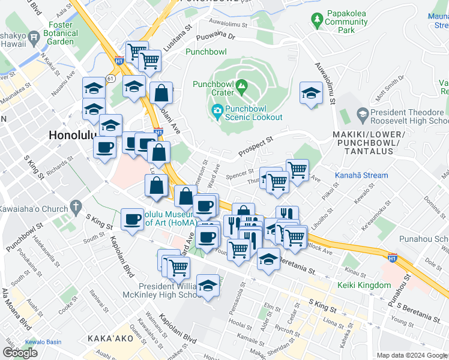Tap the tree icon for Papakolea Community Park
(316, 21)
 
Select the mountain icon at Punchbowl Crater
(241, 86)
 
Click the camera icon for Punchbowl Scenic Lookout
(217, 111)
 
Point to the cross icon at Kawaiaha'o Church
(75, 208)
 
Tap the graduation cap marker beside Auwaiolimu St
(311, 94)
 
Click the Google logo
(20, 353)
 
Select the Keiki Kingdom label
(364, 285)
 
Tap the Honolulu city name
(72, 136)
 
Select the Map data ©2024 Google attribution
(412, 355)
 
